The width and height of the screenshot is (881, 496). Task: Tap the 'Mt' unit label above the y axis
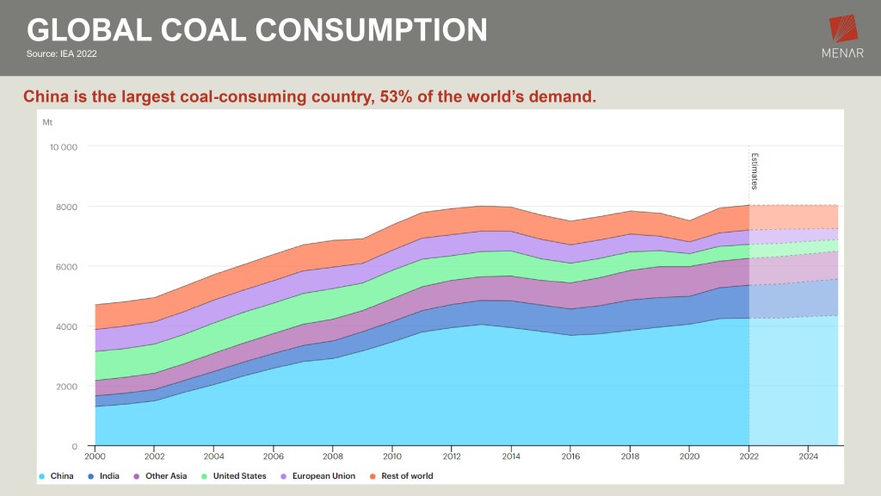(47, 122)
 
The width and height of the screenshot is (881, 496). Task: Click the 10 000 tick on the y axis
(64, 147)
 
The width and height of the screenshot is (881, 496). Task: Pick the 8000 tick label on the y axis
(66, 207)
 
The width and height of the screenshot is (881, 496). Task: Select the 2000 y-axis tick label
(66, 387)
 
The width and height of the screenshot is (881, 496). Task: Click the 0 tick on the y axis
(75, 446)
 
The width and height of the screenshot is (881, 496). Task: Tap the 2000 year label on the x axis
(95, 456)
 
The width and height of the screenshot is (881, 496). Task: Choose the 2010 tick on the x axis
(392, 456)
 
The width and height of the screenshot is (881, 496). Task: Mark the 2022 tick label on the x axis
(749, 456)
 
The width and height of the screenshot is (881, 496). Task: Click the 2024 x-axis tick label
(808, 456)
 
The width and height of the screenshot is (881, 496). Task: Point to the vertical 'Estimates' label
(755, 170)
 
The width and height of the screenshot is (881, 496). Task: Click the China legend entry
(58, 476)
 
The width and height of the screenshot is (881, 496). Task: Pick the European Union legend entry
(320, 476)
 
